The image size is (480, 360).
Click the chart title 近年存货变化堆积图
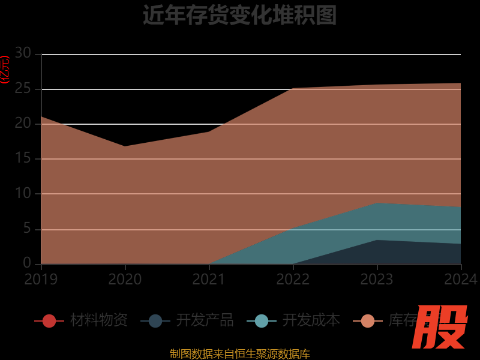[x=239, y=15]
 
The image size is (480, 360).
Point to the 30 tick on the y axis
[x=23, y=53]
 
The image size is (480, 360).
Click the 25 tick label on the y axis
[x=23, y=89]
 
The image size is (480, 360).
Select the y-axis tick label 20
[x=23, y=124]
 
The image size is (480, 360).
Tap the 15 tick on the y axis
[x=23, y=159]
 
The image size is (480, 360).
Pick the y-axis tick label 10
[x=23, y=194]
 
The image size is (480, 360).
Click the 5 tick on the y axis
[x=27, y=229]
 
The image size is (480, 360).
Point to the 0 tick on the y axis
[x=27, y=263]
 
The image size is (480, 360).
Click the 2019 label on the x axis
[x=41, y=279]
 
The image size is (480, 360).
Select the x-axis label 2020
[x=125, y=279]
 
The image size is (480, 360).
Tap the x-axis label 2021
[x=209, y=279]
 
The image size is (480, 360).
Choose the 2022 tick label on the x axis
[x=293, y=279]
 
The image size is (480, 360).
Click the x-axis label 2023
[x=377, y=279]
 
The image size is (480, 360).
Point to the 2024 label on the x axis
[x=461, y=279]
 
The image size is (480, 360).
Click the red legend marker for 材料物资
[x=49, y=321]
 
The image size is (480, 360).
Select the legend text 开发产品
[x=205, y=320]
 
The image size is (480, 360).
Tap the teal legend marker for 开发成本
[x=262, y=321]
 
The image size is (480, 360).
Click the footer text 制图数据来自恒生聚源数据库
[x=240, y=354]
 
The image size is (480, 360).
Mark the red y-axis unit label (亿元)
[x=5, y=70]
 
